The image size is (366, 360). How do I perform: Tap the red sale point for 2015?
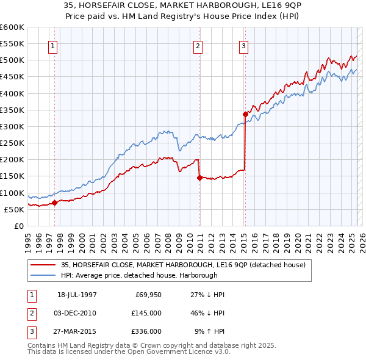tap(245, 114)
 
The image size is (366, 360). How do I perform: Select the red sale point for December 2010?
tap(199, 178)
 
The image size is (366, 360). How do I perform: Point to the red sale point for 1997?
tap(54, 203)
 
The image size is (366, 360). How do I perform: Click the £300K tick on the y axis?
tap(13, 126)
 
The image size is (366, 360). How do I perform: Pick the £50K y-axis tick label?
tap(15, 209)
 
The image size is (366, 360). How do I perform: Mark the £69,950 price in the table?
tap(146, 295)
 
